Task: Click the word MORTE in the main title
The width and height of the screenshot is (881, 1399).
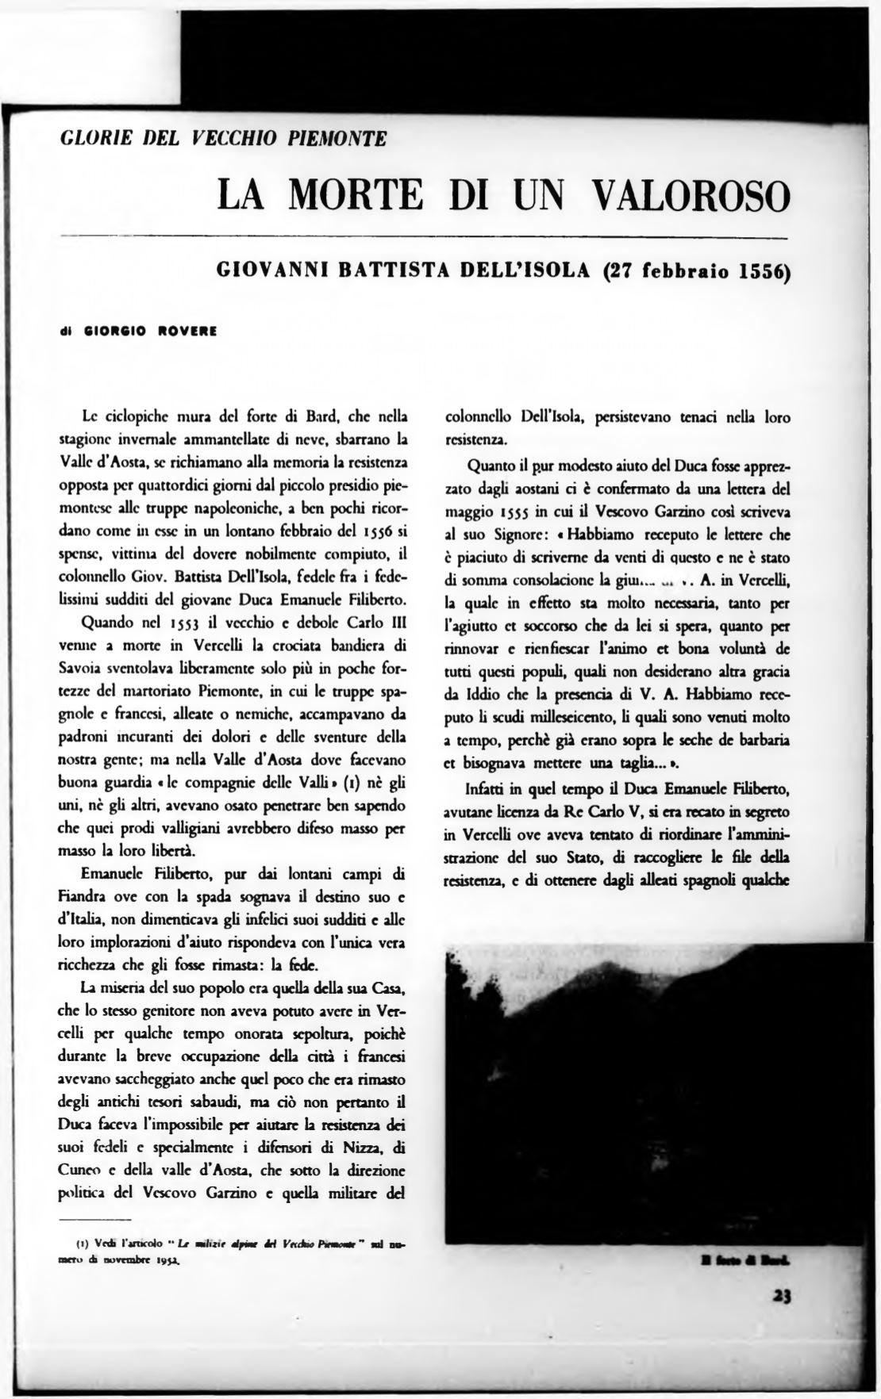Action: [x=354, y=195]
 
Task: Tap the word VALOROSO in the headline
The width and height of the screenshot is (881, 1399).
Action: [x=692, y=195]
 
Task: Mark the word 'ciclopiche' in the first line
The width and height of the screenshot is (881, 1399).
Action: [x=137, y=416]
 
